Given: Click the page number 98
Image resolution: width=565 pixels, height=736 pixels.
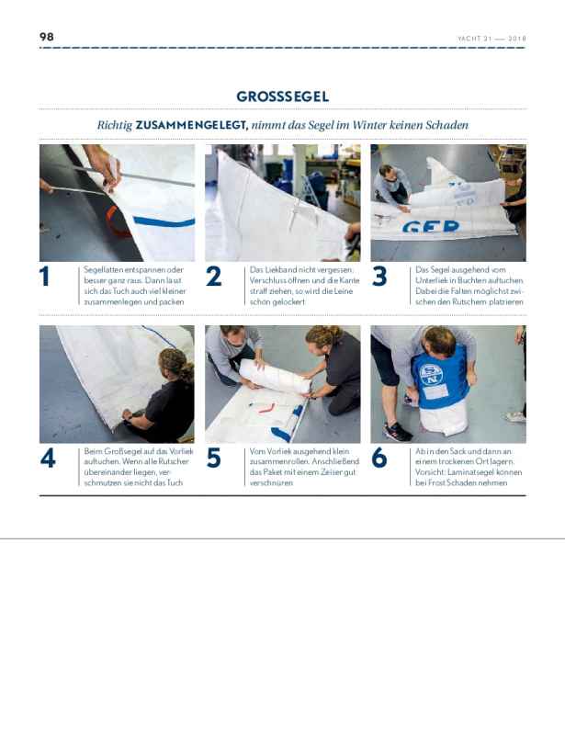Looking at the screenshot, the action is [x=47, y=37].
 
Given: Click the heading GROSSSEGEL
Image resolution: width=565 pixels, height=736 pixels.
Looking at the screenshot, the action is [x=283, y=96].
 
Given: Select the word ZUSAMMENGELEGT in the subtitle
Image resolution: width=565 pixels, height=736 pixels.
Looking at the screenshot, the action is [x=191, y=125].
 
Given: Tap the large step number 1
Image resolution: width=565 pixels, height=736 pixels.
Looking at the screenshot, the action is [x=45, y=276].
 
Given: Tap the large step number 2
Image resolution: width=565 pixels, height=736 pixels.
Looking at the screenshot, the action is [x=213, y=276].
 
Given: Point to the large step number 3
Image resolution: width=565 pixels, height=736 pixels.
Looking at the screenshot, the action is [x=379, y=276].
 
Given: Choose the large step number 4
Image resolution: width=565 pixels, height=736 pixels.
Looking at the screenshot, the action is [x=48, y=458].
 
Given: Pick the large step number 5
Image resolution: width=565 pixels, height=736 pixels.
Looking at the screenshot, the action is [x=213, y=458].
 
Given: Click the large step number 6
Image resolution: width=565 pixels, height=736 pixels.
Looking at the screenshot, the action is [x=379, y=458].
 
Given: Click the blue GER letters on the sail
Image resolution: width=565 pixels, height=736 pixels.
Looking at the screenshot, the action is [x=431, y=227].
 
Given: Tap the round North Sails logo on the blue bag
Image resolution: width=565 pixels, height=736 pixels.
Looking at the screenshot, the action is [x=430, y=375].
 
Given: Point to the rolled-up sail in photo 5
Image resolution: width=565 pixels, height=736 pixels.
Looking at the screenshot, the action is [x=275, y=376].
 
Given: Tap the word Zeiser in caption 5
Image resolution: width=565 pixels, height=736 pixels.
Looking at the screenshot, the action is [x=333, y=472].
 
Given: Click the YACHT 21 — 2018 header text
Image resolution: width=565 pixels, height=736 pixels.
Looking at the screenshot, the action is [x=492, y=39].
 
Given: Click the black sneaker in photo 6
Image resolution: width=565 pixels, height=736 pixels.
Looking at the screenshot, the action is [x=398, y=431].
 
